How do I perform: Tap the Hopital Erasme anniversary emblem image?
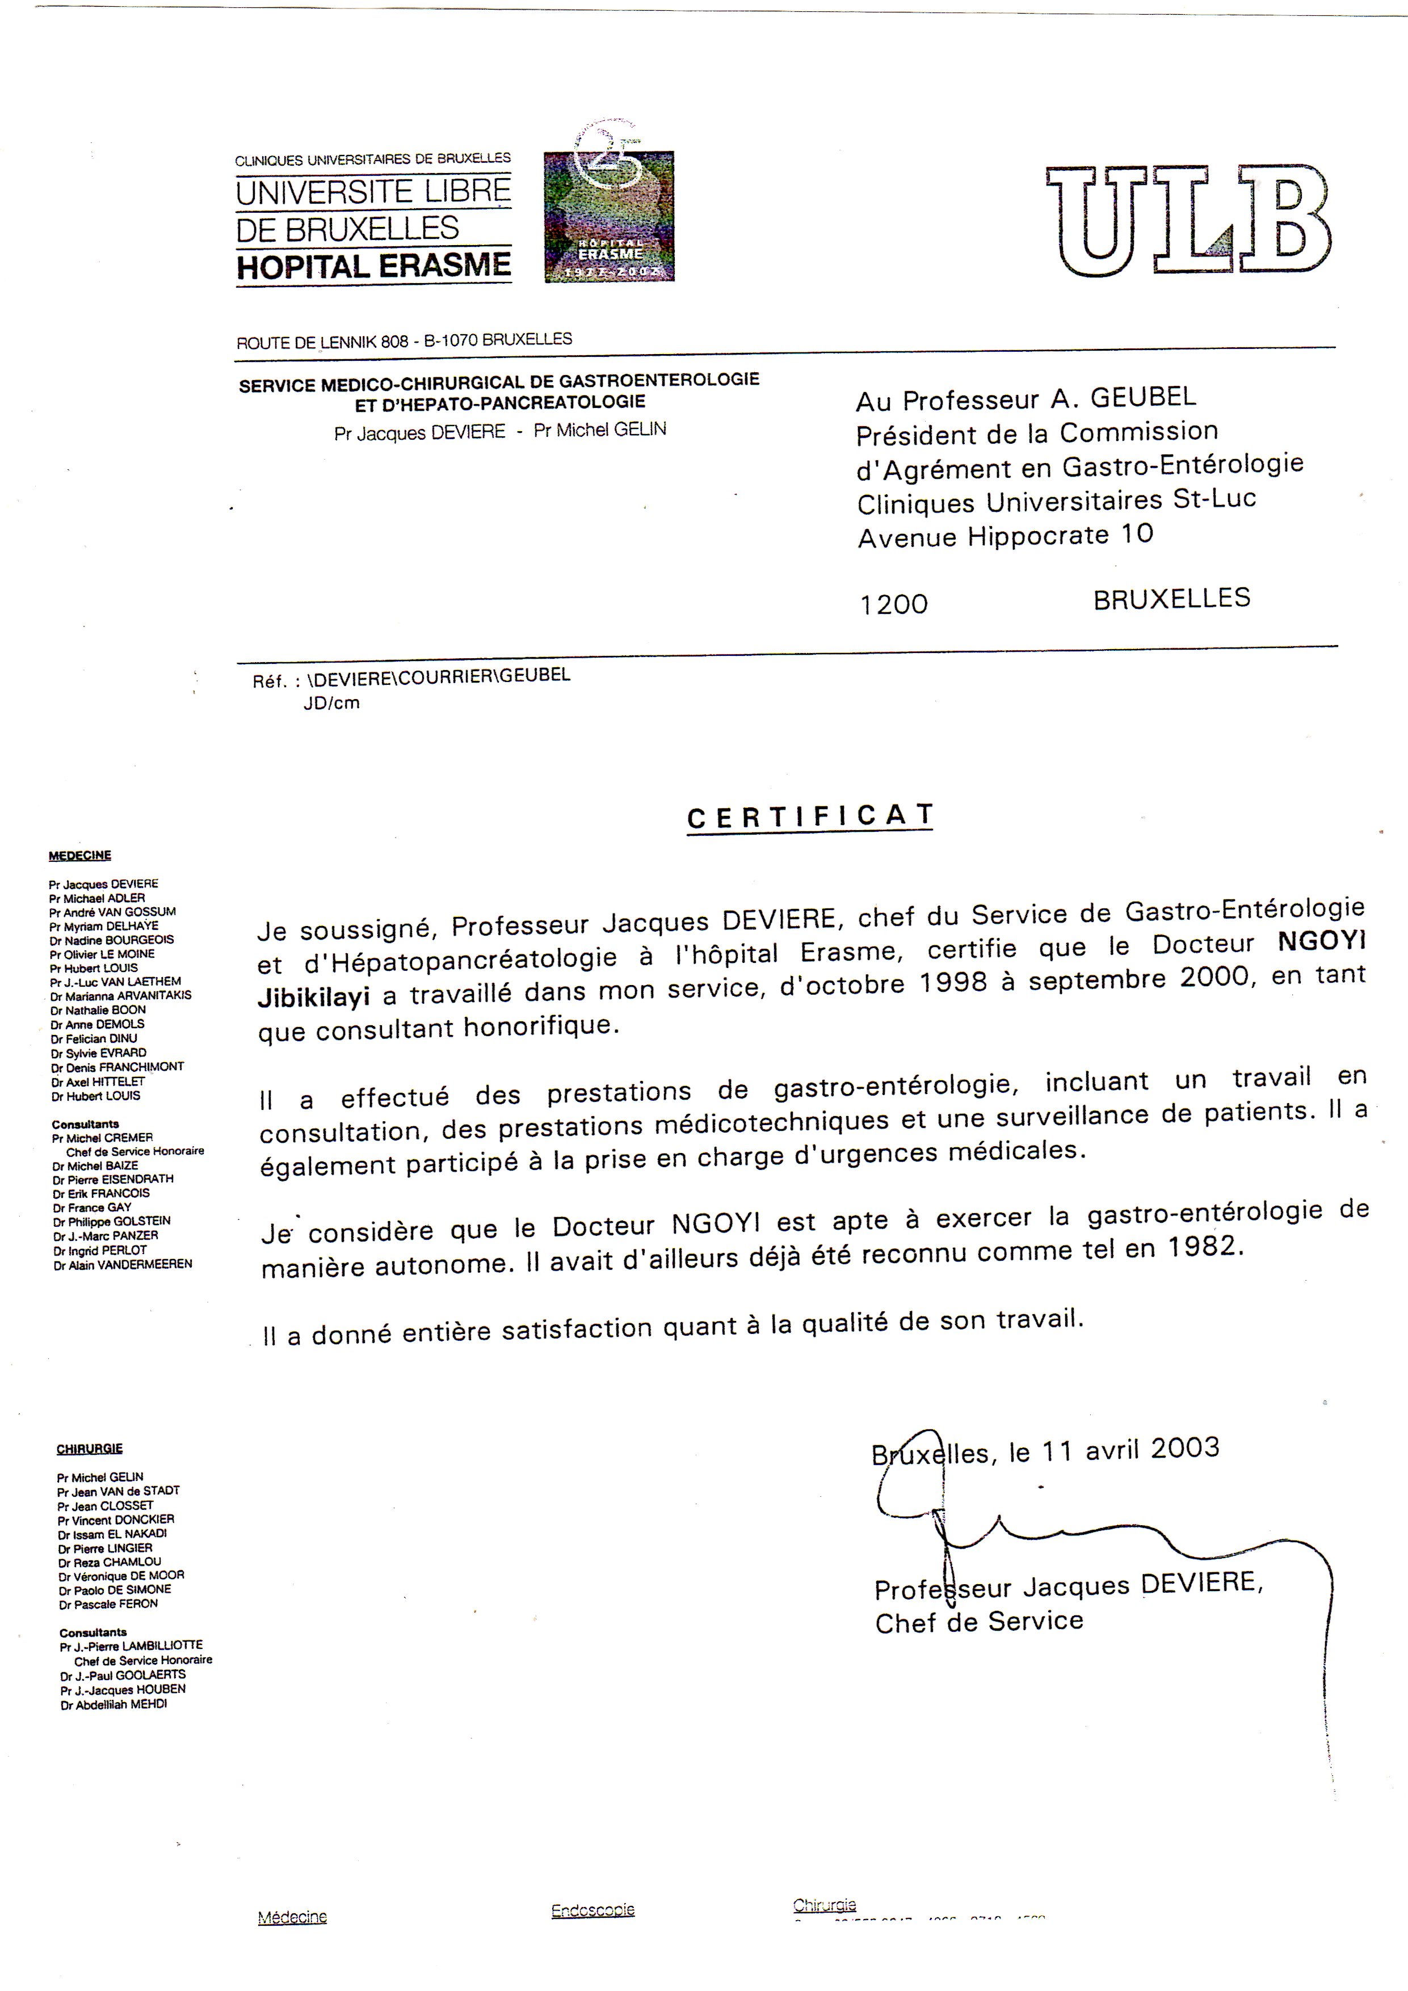tap(609, 216)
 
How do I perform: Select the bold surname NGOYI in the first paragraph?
tap(1321, 941)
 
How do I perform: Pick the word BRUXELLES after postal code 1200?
tap(1171, 599)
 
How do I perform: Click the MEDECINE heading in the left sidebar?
tap(80, 855)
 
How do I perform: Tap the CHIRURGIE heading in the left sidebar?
tap(89, 1449)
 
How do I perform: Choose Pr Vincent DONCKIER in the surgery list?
tap(115, 1519)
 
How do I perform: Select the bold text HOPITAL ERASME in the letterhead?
tap(374, 266)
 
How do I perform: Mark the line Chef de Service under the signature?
tap(978, 1622)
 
